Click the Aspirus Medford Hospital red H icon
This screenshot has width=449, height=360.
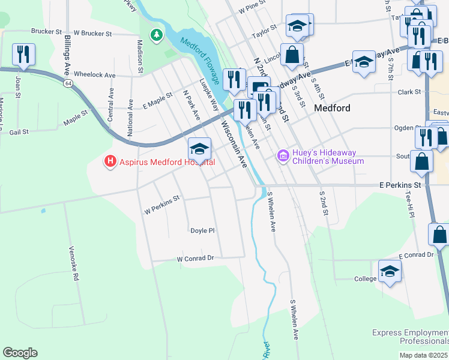tap(110, 161)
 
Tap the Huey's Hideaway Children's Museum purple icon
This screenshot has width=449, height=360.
tap(282, 156)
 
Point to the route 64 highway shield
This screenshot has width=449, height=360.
tap(70, 83)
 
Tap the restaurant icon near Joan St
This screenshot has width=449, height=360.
tap(23, 55)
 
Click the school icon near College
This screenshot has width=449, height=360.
tap(390, 271)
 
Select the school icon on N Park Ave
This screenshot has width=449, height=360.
tap(199, 148)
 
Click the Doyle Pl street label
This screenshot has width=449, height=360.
tap(202, 230)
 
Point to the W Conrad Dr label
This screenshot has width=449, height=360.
tap(195, 259)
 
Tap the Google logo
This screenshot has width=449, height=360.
tap(20, 352)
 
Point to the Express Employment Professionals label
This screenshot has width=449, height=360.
tap(409, 337)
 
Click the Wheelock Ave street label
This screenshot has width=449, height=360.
tap(94, 76)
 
